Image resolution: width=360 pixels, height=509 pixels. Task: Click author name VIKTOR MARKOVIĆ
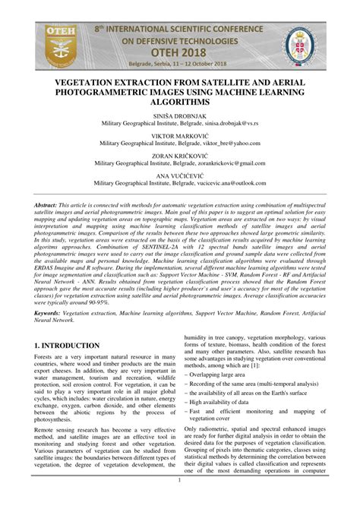tap(180, 134)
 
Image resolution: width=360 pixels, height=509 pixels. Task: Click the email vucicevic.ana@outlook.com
tap(223, 183)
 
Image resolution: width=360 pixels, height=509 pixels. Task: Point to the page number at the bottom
tap(180, 481)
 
